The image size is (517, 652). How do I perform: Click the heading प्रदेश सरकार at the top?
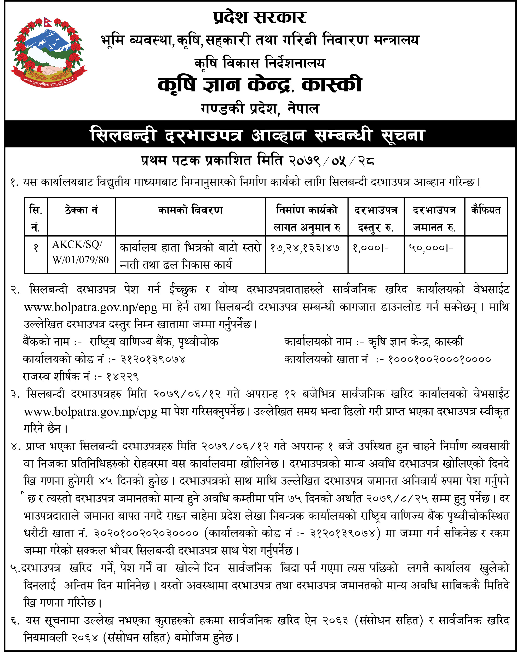(260, 17)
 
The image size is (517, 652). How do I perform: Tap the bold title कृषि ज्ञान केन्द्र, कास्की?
(260, 85)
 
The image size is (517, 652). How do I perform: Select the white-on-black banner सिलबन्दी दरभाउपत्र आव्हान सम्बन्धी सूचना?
(258, 135)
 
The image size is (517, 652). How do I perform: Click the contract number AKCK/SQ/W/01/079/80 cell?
(81, 252)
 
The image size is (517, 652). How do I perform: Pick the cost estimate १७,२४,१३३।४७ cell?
(305, 248)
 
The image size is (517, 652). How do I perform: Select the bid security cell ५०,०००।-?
(431, 248)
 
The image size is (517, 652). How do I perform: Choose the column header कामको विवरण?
(190, 210)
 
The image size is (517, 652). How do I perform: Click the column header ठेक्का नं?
(81, 210)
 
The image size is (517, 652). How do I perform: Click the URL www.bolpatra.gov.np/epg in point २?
(90, 307)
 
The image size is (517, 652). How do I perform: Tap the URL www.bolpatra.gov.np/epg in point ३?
(90, 412)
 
